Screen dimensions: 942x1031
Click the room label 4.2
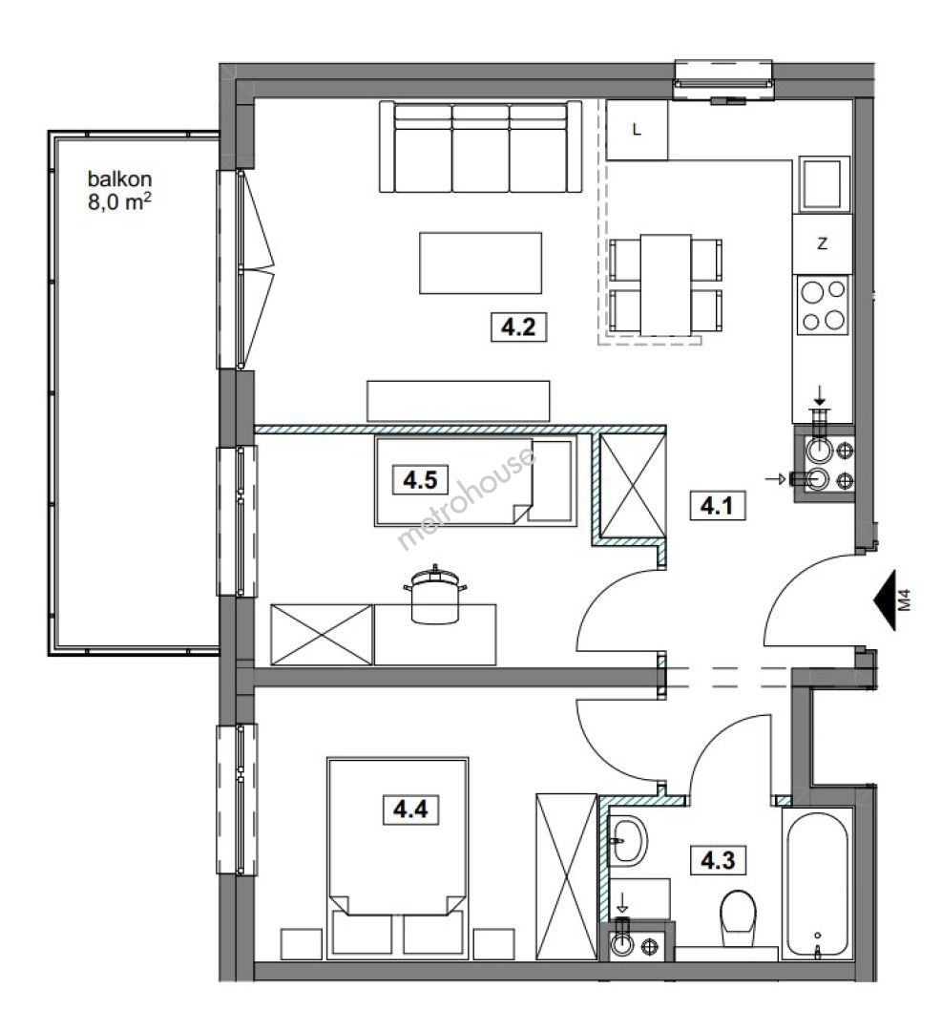tap(518, 326)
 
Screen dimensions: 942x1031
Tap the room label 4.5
tap(420, 479)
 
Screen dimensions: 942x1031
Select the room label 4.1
tap(717, 506)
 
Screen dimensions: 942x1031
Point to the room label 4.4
tap(410, 809)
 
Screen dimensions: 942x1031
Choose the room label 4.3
tap(718, 859)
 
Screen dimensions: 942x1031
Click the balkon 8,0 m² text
tap(119, 190)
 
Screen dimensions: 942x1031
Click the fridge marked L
tap(637, 130)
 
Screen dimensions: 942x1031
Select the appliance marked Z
tap(822, 244)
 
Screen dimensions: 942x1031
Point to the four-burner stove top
tap(823, 305)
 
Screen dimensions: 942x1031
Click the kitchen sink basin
tap(823, 183)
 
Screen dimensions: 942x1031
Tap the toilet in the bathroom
tap(738, 918)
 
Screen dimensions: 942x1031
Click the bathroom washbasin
tap(628, 840)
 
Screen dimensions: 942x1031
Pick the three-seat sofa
tap(480, 147)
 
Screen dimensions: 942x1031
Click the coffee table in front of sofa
tap(480, 263)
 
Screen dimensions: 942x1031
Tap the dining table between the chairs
tap(666, 284)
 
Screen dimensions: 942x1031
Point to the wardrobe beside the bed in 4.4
tap(566, 876)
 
